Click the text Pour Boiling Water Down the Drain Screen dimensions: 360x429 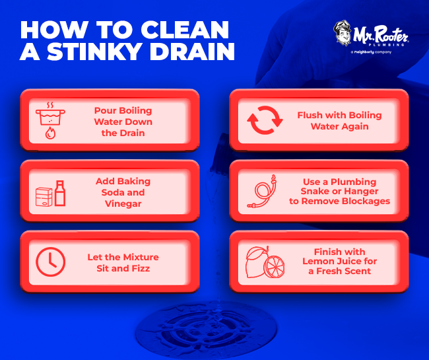point(123,122)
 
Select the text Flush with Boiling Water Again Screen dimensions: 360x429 point(339,120)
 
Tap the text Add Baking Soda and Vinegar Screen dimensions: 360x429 point(123,192)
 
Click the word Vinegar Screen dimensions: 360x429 point(123,203)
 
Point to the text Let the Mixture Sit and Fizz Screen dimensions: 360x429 point(123,262)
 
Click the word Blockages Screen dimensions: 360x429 point(368,201)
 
